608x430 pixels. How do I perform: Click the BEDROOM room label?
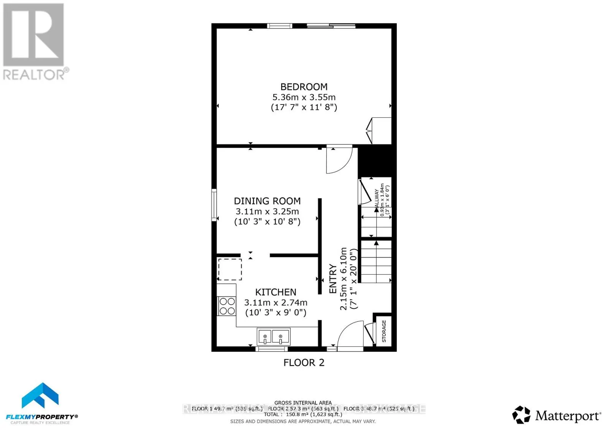pyautogui.click(x=304, y=87)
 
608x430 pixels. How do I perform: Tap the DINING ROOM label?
pyautogui.click(x=267, y=201)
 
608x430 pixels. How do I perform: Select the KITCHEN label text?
pyautogui.click(x=275, y=292)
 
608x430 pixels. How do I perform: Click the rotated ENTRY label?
pyautogui.click(x=333, y=279)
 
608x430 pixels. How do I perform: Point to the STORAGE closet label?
pyautogui.click(x=384, y=331)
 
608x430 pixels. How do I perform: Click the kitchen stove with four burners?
pyautogui.click(x=227, y=306)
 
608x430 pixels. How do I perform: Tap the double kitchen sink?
pyautogui.click(x=273, y=337)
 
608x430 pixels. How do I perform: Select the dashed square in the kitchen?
pyautogui.click(x=230, y=269)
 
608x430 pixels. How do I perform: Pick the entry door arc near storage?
pyautogui.click(x=350, y=334)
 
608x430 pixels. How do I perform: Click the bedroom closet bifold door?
pyautogui.click(x=370, y=131)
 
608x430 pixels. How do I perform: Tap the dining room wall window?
pyautogui.click(x=214, y=205)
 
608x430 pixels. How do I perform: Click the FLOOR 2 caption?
pyautogui.click(x=304, y=363)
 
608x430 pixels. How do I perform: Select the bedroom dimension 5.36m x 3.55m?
pyautogui.click(x=304, y=97)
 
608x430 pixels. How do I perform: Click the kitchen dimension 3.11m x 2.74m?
pyautogui.click(x=275, y=303)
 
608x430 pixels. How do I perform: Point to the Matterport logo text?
pyautogui.click(x=568, y=416)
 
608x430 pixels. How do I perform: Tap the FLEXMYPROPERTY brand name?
pyautogui.click(x=40, y=417)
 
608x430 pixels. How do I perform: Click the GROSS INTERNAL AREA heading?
pyautogui.click(x=303, y=403)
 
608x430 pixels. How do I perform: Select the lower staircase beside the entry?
pyautogui.click(x=376, y=262)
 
